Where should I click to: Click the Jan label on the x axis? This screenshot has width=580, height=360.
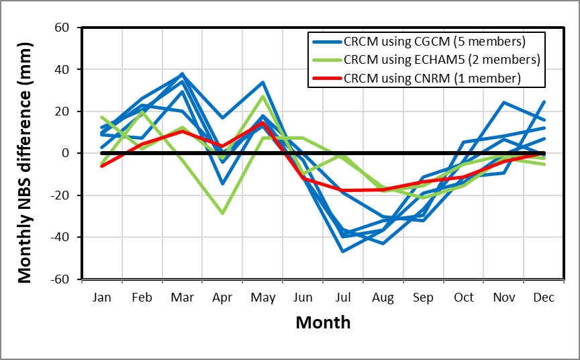tap(101, 297)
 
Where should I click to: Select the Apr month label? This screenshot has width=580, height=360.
tap(222, 297)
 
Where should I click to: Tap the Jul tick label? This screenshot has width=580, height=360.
tap(344, 297)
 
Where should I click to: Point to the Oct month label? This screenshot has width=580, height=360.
tap(464, 297)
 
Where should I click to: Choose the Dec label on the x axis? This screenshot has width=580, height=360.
tap(544, 297)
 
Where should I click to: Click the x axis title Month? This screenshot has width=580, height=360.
tap(323, 322)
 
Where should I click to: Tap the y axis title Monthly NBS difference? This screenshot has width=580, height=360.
tap(24, 153)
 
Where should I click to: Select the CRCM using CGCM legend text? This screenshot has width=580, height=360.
tap(434, 42)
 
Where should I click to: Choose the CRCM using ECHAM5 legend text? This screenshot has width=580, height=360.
tap(441, 60)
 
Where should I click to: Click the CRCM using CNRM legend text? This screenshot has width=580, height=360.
tap(432, 78)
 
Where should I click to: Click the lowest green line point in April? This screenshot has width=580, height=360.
tap(222, 213)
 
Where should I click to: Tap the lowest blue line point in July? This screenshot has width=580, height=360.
tap(343, 251)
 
